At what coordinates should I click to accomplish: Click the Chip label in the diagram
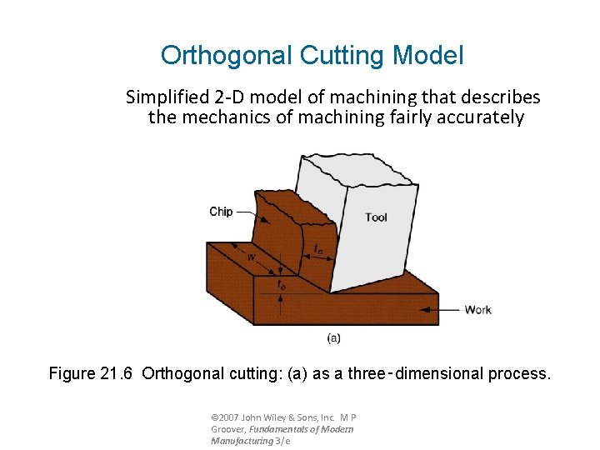pos(221,212)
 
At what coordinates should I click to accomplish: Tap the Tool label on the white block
pos(376,217)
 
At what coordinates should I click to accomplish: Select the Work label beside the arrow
pos(477,310)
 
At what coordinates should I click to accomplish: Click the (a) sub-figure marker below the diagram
pos(333,337)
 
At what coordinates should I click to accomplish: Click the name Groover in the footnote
pos(228,429)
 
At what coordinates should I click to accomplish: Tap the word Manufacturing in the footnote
pos(242,440)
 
